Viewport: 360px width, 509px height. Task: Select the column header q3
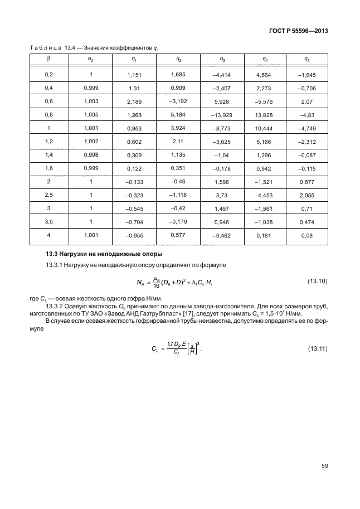(222, 59)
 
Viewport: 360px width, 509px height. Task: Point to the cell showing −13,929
(222, 114)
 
